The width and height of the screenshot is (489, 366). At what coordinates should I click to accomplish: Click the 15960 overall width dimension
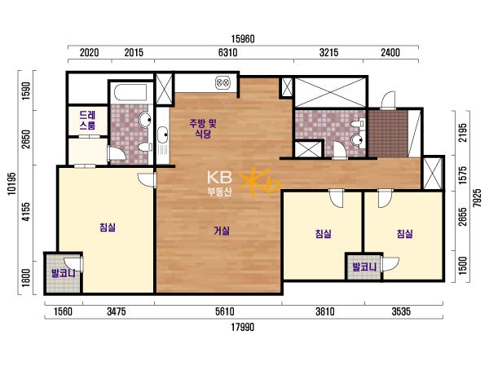click(x=243, y=39)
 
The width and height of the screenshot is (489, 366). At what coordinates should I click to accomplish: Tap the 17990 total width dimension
click(x=243, y=327)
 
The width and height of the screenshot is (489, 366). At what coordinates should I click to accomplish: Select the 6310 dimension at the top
click(x=227, y=52)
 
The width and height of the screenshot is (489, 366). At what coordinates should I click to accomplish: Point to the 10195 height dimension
click(x=11, y=183)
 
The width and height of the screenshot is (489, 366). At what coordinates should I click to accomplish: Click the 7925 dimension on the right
click(x=477, y=198)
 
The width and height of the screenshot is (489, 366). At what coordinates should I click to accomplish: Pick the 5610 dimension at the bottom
click(x=225, y=311)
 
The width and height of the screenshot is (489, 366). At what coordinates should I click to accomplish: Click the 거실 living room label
click(x=222, y=231)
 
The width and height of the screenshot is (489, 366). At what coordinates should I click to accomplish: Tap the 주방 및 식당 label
click(x=203, y=129)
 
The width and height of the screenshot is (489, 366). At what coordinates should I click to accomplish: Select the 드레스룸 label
click(x=87, y=121)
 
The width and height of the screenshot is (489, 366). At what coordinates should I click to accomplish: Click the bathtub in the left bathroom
click(x=130, y=92)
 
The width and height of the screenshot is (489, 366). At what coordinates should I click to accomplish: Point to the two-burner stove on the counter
click(x=222, y=82)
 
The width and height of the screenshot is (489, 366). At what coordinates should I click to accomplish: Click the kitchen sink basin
click(x=162, y=134)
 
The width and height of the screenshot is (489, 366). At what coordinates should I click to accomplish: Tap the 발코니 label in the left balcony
click(x=64, y=274)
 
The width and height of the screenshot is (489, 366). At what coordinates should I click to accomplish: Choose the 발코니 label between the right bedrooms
click(x=364, y=267)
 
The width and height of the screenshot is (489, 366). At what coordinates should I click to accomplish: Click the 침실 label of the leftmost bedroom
click(x=108, y=227)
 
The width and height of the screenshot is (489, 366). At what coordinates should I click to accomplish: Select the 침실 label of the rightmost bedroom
click(x=405, y=233)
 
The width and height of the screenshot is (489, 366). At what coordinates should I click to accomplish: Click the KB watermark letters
click(x=219, y=178)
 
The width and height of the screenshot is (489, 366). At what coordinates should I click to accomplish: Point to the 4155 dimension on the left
click(x=27, y=212)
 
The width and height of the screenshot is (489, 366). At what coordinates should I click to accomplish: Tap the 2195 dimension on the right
click(x=463, y=133)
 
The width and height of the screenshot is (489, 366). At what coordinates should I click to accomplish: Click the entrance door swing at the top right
click(x=388, y=100)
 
